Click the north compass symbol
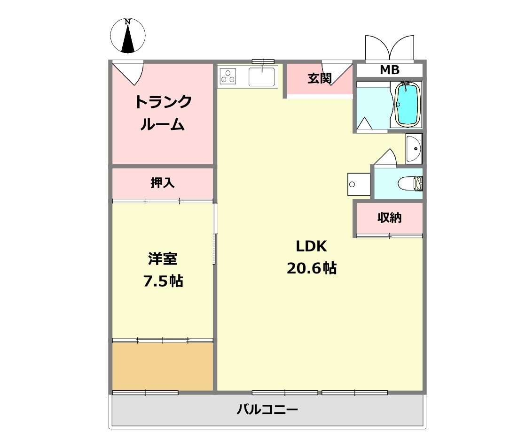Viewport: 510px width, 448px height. (127, 36)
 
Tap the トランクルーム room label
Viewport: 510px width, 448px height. (163, 113)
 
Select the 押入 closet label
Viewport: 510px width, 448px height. (163, 183)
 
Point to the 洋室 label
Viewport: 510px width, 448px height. (163, 258)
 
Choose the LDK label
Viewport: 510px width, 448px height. (311, 246)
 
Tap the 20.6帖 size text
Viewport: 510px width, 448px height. (311, 268)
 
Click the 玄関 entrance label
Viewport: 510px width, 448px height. (320, 78)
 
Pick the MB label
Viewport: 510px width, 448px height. (389, 70)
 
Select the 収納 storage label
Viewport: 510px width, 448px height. (389, 218)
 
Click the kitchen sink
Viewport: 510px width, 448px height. (261, 76)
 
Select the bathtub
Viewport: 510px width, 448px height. (407, 104)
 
